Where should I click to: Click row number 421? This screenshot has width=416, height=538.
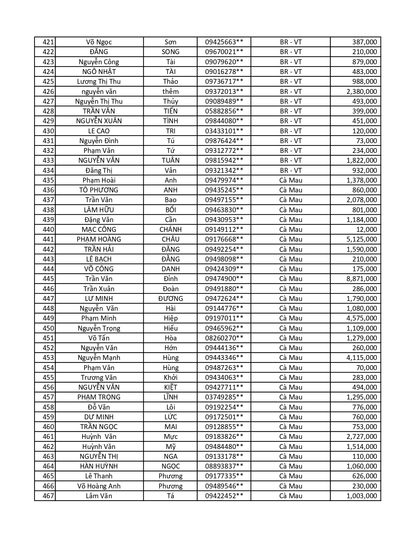pyautogui.click(x=48, y=42)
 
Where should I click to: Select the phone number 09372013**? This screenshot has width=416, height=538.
pyautogui.click(x=224, y=92)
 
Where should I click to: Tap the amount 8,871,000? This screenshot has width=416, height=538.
pyautogui.click(x=362, y=279)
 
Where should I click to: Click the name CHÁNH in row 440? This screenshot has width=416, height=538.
pyautogui.click(x=170, y=230)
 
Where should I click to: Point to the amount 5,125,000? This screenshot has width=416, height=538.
pyautogui.click(x=362, y=239)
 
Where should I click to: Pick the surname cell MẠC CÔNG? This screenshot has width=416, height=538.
pyautogui.click(x=99, y=230)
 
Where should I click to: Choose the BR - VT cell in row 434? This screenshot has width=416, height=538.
pyautogui.click(x=291, y=171)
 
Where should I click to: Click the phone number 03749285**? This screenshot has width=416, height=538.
pyautogui.click(x=224, y=397)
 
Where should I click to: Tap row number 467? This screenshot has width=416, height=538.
pyautogui.click(x=48, y=496)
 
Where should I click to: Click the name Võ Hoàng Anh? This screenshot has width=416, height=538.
pyautogui.click(x=99, y=486)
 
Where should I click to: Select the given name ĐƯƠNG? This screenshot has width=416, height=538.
pyautogui.click(x=170, y=299)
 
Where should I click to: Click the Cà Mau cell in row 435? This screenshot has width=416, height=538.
pyautogui.click(x=291, y=180)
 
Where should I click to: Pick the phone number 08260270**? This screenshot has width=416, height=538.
pyautogui.click(x=224, y=338)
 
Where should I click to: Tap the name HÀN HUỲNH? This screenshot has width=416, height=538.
pyautogui.click(x=99, y=466)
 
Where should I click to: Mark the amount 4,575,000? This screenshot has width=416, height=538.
pyautogui.click(x=362, y=318)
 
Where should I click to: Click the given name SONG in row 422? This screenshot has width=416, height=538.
pyautogui.click(x=170, y=52)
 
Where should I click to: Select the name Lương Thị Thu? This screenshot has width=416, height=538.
pyautogui.click(x=99, y=82)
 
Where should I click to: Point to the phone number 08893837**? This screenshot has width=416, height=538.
pyautogui.click(x=224, y=466)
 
